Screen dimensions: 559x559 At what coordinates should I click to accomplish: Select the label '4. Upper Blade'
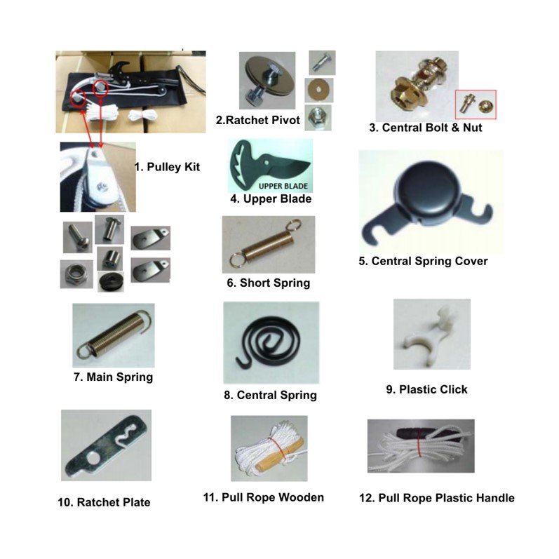tap(271, 199)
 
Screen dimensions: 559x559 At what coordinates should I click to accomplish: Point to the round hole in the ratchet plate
tap(93, 459)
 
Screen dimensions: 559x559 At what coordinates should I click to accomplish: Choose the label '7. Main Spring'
tap(114, 377)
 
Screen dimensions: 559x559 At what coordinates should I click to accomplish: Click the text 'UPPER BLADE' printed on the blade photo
tap(283, 186)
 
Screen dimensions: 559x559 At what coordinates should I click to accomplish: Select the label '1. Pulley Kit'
tap(167, 167)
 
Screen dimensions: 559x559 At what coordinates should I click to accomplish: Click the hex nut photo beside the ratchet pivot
tap(318, 118)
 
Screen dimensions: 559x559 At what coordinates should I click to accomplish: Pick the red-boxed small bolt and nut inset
tap(476, 105)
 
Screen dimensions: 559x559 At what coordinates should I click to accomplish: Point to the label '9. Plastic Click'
tap(426, 389)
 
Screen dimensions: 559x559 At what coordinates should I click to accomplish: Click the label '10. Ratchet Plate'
tap(104, 502)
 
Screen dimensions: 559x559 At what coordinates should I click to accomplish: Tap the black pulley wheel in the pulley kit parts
tap(111, 282)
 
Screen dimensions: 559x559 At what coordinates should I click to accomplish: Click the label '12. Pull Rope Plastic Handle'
tap(437, 498)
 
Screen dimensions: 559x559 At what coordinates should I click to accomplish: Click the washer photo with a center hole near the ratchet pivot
tap(319, 90)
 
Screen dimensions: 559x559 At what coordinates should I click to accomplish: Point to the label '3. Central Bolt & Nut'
tap(426, 128)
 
